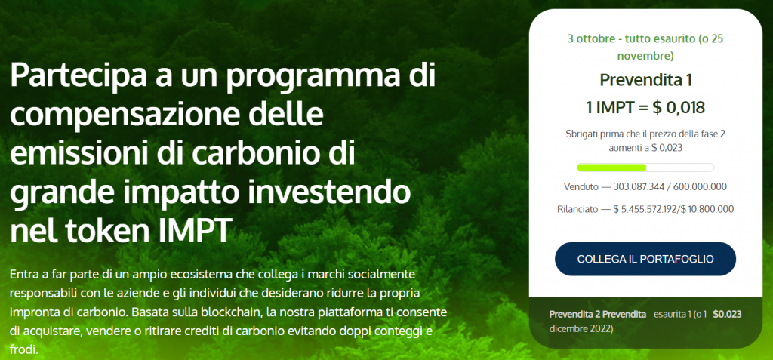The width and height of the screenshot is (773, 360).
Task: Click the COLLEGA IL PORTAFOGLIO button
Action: click(x=645, y=259)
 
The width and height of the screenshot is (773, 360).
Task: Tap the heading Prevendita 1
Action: click(x=645, y=81)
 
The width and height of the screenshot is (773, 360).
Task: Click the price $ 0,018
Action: click(x=679, y=107)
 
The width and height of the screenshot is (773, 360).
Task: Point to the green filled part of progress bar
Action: click(x=611, y=168)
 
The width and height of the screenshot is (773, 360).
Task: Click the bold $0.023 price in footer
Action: click(x=727, y=314)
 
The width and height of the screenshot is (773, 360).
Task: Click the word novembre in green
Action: click(x=645, y=56)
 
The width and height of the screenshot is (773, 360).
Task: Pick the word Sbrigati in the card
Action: click(x=581, y=134)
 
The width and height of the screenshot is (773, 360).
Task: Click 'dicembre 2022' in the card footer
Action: click(x=581, y=328)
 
